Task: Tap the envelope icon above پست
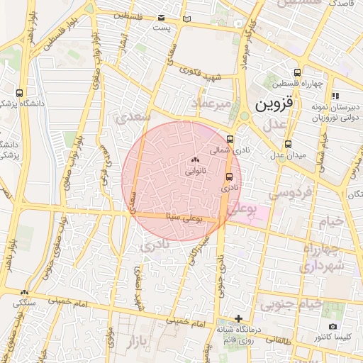162,18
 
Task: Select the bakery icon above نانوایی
196,162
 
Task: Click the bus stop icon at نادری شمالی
230,139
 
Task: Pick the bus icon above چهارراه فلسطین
296,72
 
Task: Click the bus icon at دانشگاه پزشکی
19,93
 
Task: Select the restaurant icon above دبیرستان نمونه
335,95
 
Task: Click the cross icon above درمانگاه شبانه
239,318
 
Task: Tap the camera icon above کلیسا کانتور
333,327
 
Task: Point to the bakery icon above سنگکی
25,292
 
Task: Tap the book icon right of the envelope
186,19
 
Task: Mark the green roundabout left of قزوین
244,116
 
